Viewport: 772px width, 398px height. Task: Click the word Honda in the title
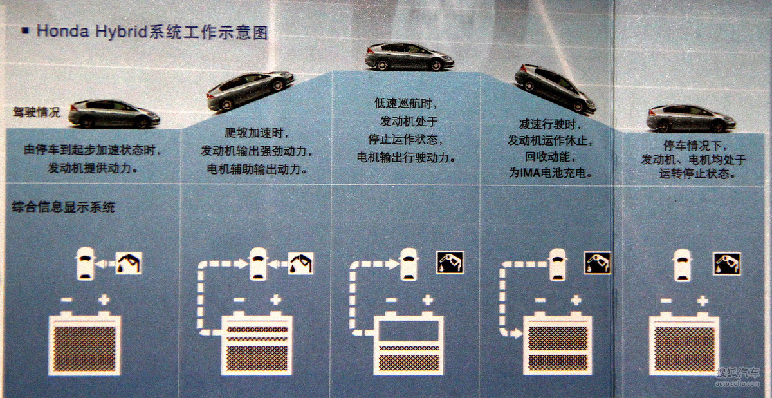62,31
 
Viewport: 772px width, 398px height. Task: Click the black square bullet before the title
25,31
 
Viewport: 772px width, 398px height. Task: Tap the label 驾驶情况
36,112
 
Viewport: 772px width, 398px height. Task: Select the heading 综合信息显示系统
63,207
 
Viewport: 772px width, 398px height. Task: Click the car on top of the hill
409,57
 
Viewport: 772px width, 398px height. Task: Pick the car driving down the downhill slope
555,88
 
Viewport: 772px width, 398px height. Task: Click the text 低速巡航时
406,103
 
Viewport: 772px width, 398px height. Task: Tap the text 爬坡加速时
257,133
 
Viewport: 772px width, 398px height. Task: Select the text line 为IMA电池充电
550,173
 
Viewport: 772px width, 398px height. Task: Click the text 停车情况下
695,146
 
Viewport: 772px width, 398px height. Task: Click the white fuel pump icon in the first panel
128,263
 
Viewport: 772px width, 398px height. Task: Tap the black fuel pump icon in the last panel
726,264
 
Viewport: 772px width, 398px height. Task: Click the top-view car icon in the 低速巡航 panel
409,264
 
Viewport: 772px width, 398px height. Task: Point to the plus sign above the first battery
104,299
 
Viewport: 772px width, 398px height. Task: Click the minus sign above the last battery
666,301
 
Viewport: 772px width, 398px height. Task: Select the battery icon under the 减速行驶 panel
557,343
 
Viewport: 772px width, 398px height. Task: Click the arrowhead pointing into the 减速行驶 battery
516,333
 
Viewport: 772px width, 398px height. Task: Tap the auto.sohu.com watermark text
737,384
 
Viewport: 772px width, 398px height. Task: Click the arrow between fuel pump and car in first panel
105,264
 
